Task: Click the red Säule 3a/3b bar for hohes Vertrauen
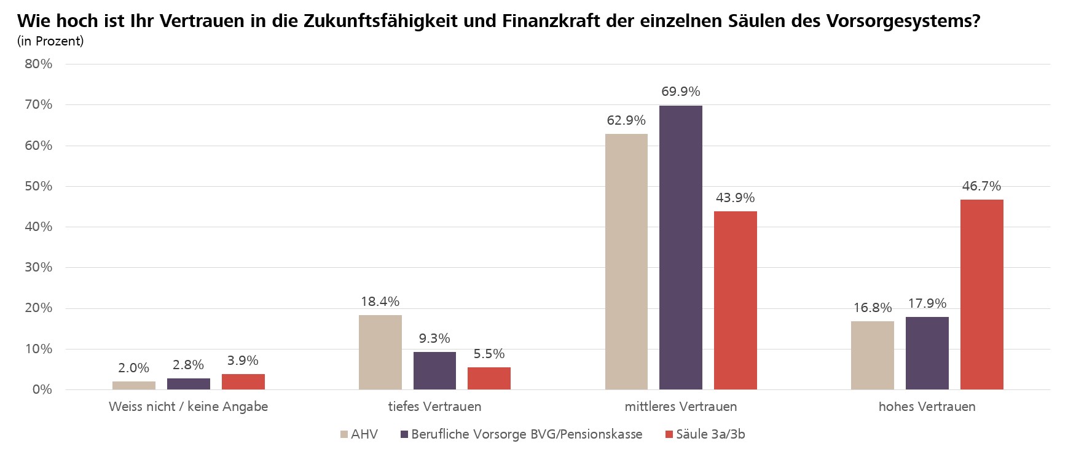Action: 981,294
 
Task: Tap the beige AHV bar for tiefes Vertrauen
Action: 380,352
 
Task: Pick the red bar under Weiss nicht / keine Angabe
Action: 243,381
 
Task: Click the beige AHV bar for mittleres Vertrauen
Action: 626,262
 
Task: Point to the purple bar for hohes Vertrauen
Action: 927,353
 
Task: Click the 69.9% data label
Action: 680,92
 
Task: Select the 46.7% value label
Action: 981,186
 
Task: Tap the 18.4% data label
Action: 380,302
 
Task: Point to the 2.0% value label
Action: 133,368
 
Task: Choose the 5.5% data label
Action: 489,354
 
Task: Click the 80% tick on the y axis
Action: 38,64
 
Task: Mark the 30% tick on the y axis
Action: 38,267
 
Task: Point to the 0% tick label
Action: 42,389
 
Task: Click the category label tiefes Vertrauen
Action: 434,407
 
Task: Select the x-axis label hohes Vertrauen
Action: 927,407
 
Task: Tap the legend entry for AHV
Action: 364,434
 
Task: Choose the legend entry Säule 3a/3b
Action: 710,434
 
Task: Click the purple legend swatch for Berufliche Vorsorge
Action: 404,435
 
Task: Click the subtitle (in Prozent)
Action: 50,41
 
